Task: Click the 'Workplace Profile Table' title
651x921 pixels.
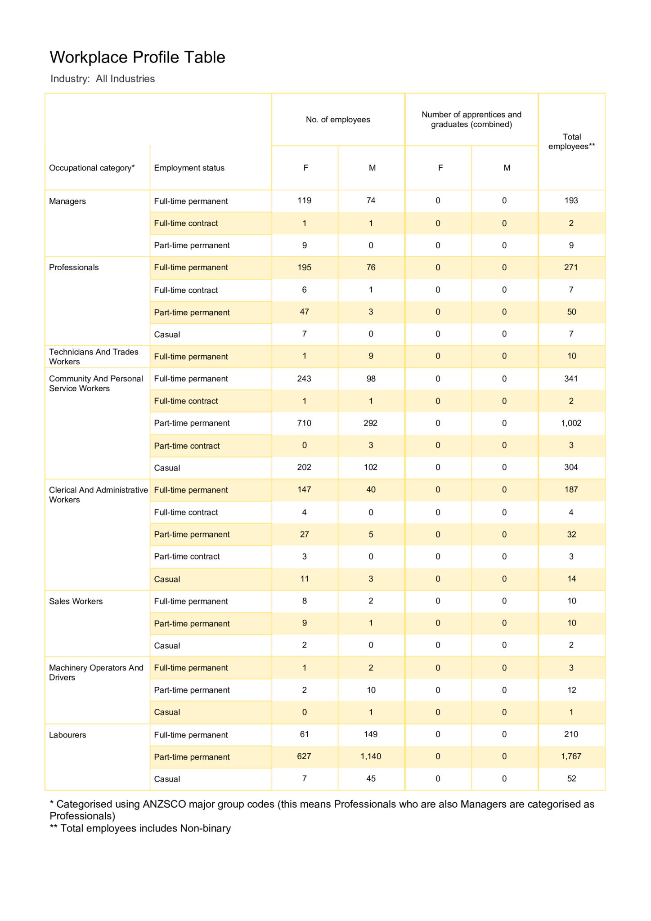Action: pos(137,58)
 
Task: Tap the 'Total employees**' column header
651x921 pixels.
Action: pos(571,142)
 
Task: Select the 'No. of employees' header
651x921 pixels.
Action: pos(338,120)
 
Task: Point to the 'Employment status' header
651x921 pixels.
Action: pos(189,168)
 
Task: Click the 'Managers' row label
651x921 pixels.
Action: pos(67,201)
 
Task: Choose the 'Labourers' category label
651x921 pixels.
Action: pos(67,735)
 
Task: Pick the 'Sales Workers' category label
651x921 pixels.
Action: pos(76,601)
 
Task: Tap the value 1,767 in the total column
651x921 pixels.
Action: pos(571,756)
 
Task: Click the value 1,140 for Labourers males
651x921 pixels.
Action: pos(371,756)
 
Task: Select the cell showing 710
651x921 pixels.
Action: pos(304,423)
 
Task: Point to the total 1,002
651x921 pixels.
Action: pos(571,423)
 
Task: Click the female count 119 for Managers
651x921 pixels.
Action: pos(304,201)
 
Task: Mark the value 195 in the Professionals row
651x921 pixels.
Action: pos(304,268)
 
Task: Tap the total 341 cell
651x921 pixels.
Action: pos(571,379)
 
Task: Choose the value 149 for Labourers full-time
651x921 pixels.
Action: pos(371,734)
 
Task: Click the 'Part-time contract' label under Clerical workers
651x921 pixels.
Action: pos(187,557)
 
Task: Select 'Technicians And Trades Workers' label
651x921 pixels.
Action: pos(94,357)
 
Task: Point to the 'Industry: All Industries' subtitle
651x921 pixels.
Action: pos(103,79)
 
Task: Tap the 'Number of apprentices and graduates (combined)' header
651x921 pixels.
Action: pos(471,120)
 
